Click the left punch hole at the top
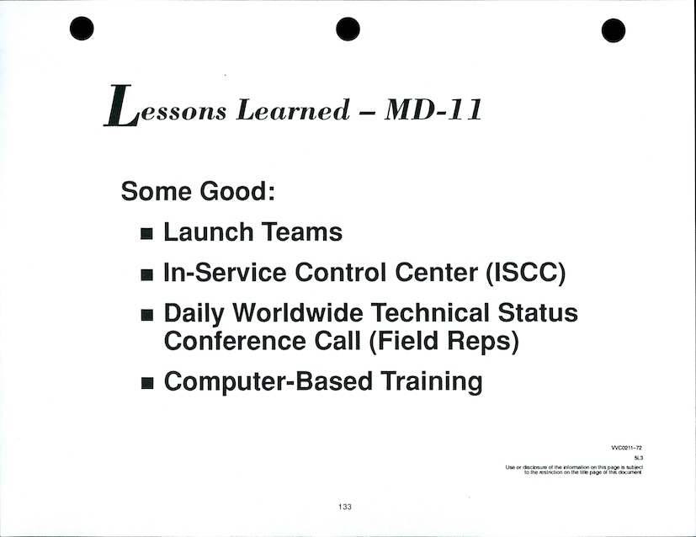[82, 29]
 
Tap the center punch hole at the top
[348, 29]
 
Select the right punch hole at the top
[614, 30]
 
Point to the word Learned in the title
[293, 109]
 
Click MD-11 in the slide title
[433, 109]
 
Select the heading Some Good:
[198, 191]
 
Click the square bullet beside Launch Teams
[146, 234]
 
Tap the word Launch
[209, 231]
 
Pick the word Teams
[302, 231]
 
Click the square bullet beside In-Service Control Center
[146, 274]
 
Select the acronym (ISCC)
[526, 273]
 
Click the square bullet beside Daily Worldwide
[146, 316]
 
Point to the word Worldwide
[298, 312]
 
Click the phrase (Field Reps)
[444, 342]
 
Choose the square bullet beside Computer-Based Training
[146, 383]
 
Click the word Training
[432, 382]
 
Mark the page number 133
[345, 507]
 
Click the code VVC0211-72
[627, 449]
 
